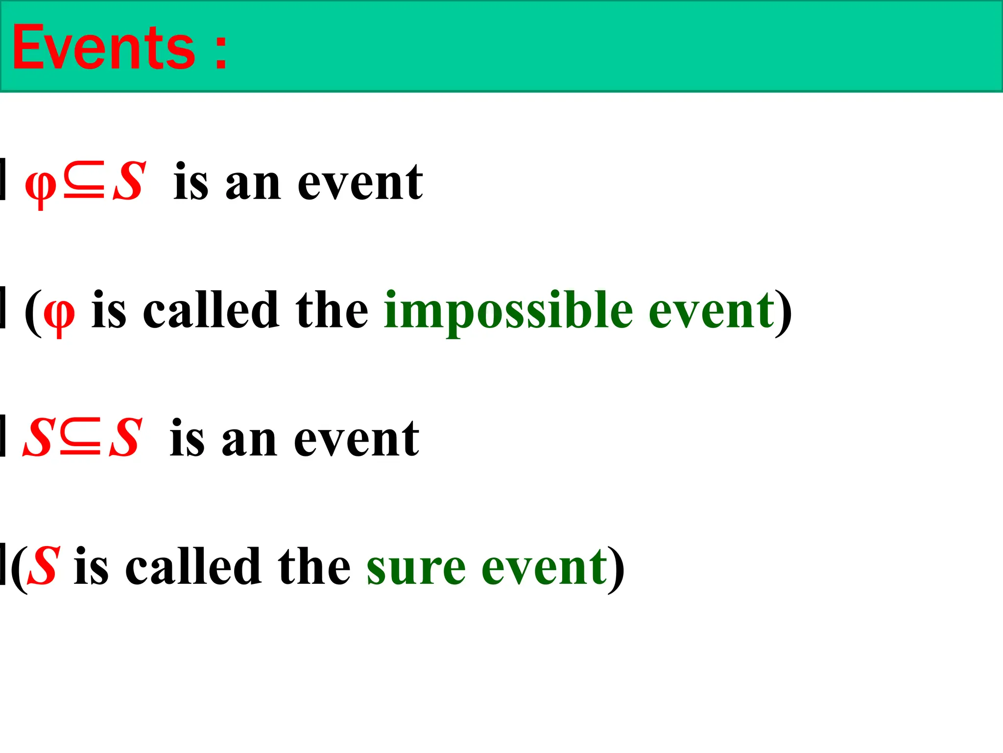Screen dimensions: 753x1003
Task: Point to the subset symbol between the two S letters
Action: [x=80, y=438]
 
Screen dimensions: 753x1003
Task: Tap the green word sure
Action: [x=416, y=568]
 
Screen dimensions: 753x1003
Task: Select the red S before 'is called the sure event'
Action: [x=44, y=566]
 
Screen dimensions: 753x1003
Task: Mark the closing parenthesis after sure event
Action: [x=616, y=569]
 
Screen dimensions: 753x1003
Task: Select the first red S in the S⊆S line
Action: [x=37, y=438]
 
